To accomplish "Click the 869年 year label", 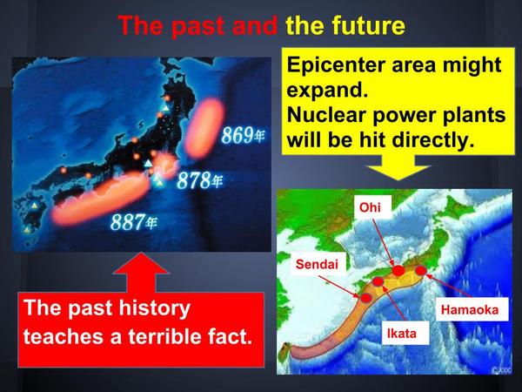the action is click(x=244, y=135).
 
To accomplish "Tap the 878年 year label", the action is click(x=199, y=180).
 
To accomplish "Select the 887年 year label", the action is click(x=133, y=222).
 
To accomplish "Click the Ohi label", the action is click(x=370, y=207).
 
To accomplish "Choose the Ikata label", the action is click(x=401, y=334).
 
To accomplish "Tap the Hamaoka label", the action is click(x=470, y=309).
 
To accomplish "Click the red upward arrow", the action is click(x=141, y=273).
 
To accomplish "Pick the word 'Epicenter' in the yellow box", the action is click(x=337, y=65).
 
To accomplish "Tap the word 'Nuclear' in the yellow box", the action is click(x=327, y=115).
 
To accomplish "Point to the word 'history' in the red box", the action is click(x=155, y=308).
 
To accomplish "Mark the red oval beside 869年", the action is click(x=204, y=128).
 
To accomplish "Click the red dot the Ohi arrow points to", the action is click(x=398, y=270).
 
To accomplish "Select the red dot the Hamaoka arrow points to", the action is click(x=421, y=271).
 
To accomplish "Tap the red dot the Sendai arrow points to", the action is click(x=366, y=298).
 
